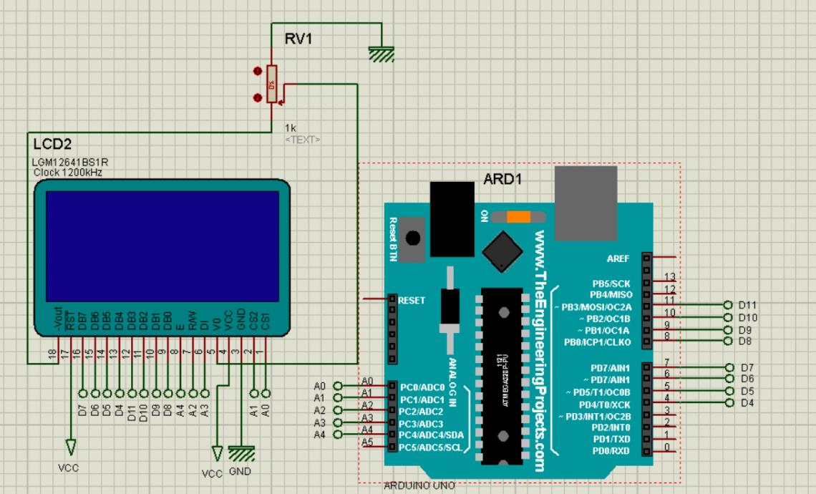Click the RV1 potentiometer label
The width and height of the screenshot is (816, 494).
click(x=298, y=39)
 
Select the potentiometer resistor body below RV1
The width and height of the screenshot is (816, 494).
click(x=271, y=84)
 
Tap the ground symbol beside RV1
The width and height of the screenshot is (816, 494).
click(x=382, y=54)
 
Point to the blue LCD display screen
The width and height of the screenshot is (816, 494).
click(x=162, y=246)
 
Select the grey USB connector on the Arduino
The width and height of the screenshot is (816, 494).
click(x=586, y=203)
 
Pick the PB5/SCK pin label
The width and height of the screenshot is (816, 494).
click(x=611, y=284)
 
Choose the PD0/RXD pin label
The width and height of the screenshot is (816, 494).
click(x=611, y=450)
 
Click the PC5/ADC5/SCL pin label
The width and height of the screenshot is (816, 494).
click(x=432, y=447)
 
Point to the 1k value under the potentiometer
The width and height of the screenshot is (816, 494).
click(x=291, y=127)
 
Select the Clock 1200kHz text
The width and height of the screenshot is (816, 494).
click(x=67, y=173)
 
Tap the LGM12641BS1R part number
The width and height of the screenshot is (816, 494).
click(x=70, y=163)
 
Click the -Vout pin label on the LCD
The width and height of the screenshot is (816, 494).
click(x=57, y=321)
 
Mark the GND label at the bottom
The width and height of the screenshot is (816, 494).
click(x=241, y=472)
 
